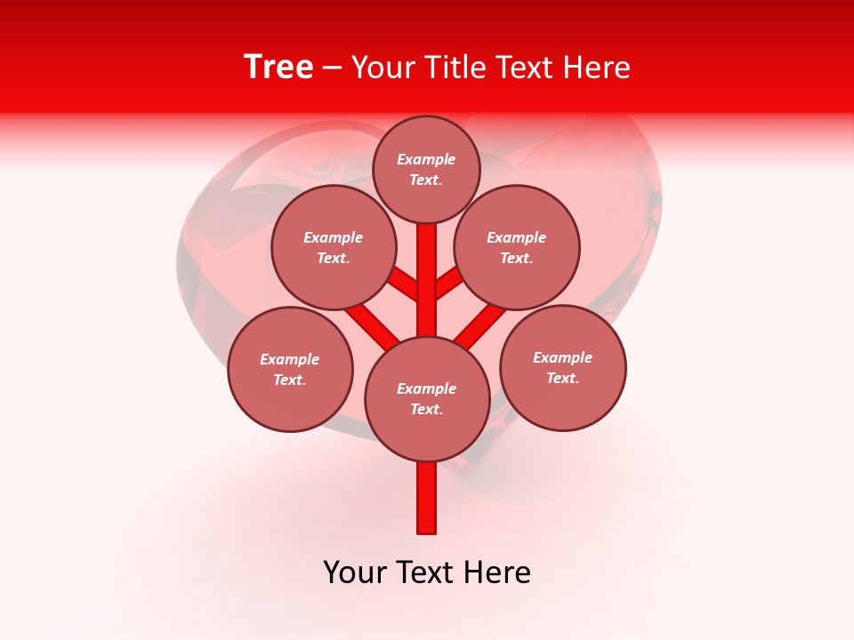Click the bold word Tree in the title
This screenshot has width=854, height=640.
click(x=278, y=68)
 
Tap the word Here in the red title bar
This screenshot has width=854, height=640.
click(x=597, y=68)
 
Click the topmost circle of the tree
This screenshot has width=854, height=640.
click(x=426, y=169)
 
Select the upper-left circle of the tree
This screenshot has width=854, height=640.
click(x=333, y=247)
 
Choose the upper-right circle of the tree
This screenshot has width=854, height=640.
click(x=516, y=247)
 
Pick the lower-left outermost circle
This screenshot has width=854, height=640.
click(x=290, y=369)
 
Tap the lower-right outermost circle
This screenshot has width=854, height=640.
click(x=562, y=367)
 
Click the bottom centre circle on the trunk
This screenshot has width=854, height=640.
click(x=427, y=398)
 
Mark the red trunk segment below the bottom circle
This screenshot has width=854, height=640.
click(x=427, y=498)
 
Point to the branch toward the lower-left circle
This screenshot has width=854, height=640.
click(x=371, y=324)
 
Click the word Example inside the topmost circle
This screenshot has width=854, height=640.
click(x=426, y=159)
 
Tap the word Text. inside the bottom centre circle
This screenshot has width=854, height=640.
click(x=426, y=409)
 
